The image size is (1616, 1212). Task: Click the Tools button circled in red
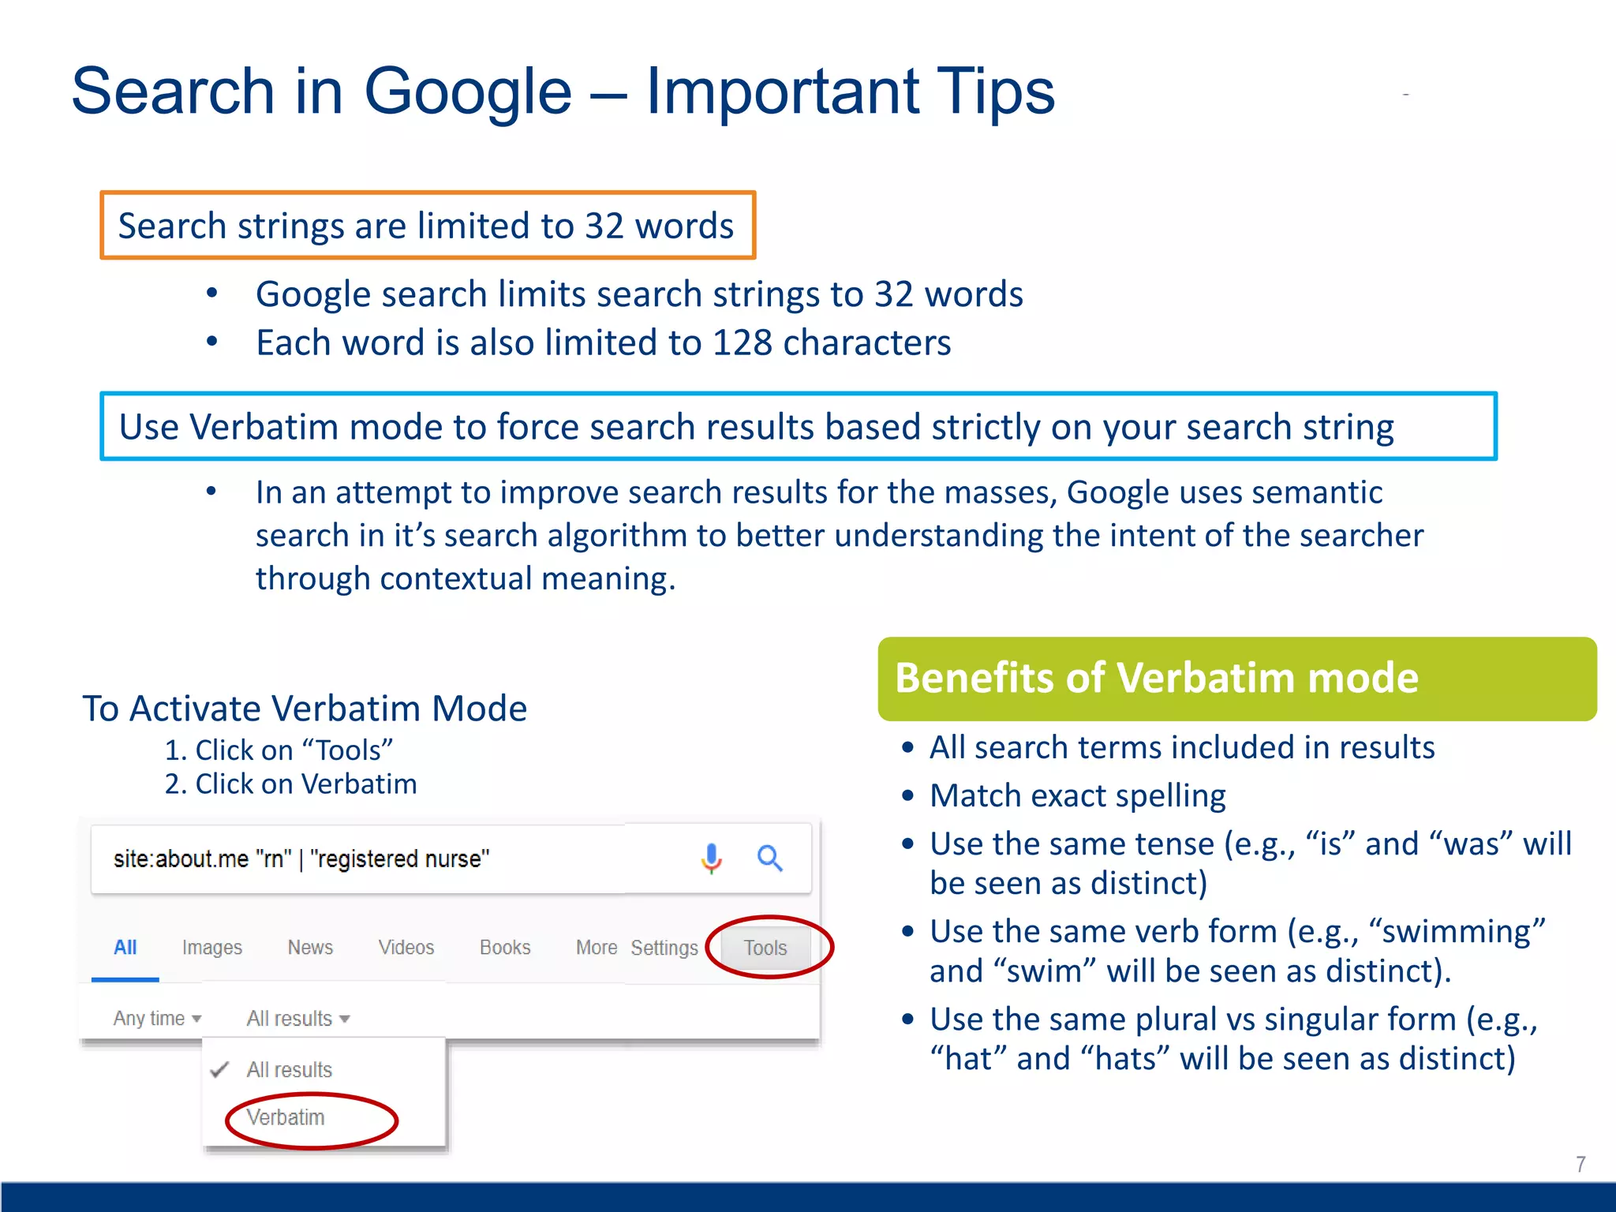click(765, 948)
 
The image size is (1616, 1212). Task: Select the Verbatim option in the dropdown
click(286, 1117)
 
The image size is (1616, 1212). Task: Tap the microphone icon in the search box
click(711, 858)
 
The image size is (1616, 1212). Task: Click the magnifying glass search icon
click(769, 858)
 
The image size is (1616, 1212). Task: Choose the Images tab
click(211, 948)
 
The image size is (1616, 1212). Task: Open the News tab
click(310, 948)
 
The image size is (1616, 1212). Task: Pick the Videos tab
click(406, 948)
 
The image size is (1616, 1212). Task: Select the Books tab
click(505, 948)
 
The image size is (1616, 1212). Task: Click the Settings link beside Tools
click(664, 948)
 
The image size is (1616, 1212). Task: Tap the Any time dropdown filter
click(157, 1019)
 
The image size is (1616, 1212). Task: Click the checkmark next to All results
click(220, 1070)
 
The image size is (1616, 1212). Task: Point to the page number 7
click(1580, 1164)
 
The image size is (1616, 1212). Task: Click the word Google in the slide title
click(467, 92)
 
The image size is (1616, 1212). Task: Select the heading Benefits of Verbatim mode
click(1157, 679)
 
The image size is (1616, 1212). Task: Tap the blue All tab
click(125, 948)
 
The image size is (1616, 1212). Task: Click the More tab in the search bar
click(597, 948)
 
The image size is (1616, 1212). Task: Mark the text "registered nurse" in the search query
click(400, 858)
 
